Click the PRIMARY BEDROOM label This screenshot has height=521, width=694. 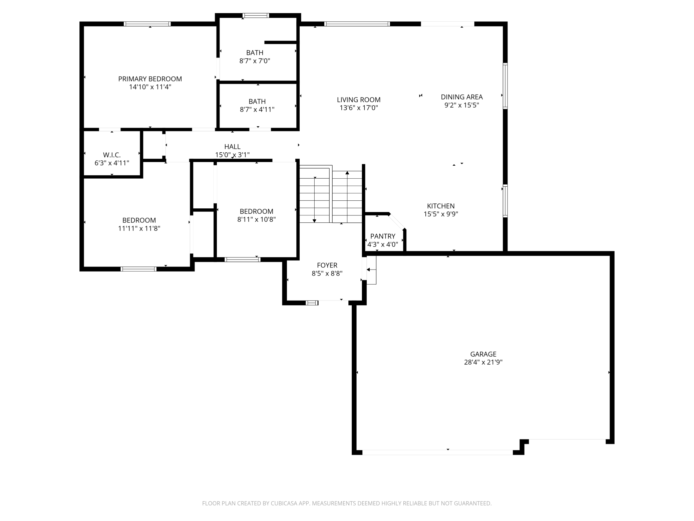pyautogui.click(x=150, y=79)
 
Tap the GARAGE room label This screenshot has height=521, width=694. pyautogui.click(x=483, y=354)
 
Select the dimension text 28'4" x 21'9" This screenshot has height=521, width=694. pyautogui.click(x=483, y=362)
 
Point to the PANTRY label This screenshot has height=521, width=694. pyautogui.click(x=383, y=236)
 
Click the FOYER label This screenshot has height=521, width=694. pyautogui.click(x=327, y=265)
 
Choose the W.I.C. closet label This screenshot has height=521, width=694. pyautogui.click(x=112, y=155)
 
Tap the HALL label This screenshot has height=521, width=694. pyautogui.click(x=232, y=147)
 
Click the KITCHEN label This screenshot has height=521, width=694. pyautogui.click(x=441, y=206)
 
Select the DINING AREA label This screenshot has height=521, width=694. pyautogui.click(x=462, y=97)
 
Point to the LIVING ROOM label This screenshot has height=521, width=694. pyautogui.click(x=359, y=100)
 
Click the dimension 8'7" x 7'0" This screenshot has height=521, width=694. pyautogui.click(x=255, y=61)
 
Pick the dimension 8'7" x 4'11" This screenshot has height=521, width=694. pyautogui.click(x=257, y=110)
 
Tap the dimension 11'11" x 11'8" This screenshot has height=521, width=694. pyautogui.click(x=139, y=228)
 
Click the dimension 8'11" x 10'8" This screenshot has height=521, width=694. pyautogui.click(x=256, y=219)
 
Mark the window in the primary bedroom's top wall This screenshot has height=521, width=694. pyautogui.click(x=147, y=24)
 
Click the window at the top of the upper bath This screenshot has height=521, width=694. pyautogui.click(x=256, y=15)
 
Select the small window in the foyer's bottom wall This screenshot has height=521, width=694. pyautogui.click(x=312, y=303)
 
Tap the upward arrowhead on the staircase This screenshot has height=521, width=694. pyautogui.click(x=347, y=173)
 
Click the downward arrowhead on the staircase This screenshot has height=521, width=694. pyautogui.click(x=314, y=221)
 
